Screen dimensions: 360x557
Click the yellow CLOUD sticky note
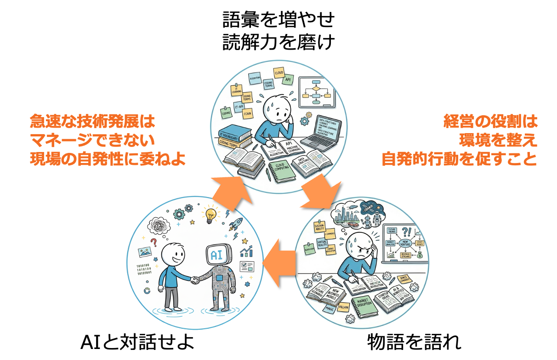[279, 73]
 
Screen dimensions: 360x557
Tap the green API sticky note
[288, 79]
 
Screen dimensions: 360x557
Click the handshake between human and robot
[196, 279]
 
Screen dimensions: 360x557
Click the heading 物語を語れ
[414, 342]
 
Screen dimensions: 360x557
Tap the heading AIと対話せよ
[137, 342]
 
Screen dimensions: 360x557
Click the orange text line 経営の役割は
[490, 122]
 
